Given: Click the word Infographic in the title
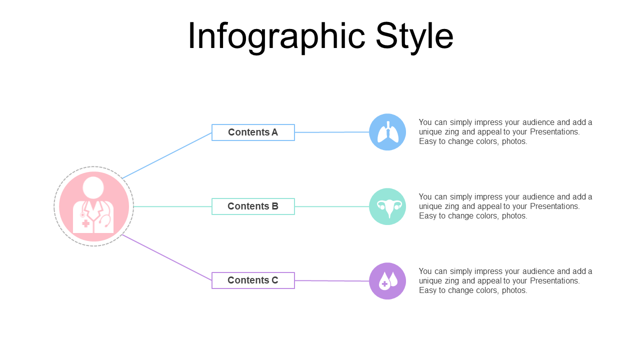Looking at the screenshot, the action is click(276, 36).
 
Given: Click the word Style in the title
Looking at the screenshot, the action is click(414, 36).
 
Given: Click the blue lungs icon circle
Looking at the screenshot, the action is click(387, 132).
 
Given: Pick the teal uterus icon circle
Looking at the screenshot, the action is click(387, 206).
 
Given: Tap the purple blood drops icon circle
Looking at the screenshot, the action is click(387, 281).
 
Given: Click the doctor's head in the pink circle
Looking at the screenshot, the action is click(93, 187).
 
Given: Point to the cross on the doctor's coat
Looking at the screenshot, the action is click(85, 223).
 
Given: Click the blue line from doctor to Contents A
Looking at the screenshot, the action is click(167, 155).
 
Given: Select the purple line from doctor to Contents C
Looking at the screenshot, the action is click(167, 257).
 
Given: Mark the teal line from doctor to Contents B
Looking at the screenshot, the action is click(172, 206).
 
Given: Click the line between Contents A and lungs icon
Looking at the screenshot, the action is click(331, 132).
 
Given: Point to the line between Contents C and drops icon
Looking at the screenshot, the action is click(331, 280).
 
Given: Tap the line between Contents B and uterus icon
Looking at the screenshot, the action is click(331, 206).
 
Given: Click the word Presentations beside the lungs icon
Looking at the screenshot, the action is click(555, 131).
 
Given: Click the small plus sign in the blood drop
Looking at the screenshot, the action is click(384, 283).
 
